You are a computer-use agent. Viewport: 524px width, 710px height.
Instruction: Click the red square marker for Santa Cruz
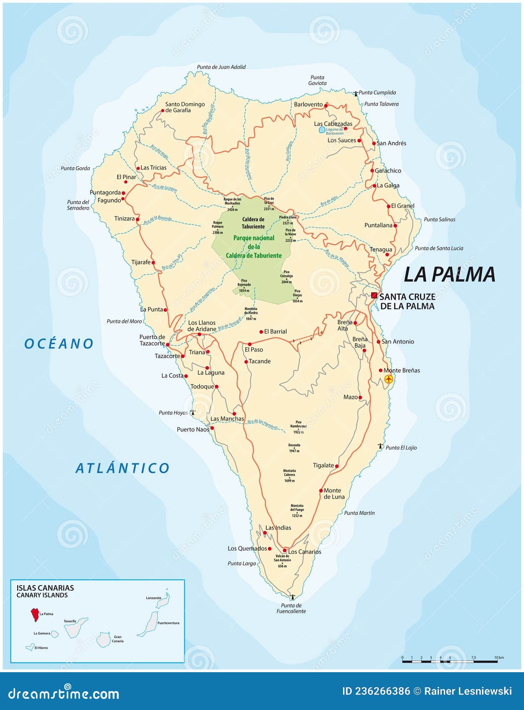[374, 295]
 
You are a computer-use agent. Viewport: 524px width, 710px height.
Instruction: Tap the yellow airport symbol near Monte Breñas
[388, 379]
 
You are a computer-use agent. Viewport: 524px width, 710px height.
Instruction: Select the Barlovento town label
[308, 105]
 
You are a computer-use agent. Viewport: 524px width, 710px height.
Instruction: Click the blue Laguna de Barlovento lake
[322, 130]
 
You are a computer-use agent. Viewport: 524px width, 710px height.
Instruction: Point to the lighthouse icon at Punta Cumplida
[356, 93]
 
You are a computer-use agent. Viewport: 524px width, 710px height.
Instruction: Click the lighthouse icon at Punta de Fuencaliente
[292, 597]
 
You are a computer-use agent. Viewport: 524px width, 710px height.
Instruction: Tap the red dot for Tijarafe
[153, 263]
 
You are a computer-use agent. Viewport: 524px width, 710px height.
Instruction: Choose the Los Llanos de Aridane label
[202, 326]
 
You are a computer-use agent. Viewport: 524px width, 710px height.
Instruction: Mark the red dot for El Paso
[249, 344]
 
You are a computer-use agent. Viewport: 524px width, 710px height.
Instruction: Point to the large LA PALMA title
[449, 274]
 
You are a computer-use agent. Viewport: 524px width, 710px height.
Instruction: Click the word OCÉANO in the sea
[59, 344]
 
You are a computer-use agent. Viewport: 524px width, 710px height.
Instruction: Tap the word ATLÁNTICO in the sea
[123, 468]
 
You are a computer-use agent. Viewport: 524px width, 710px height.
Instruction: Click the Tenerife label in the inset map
[70, 621]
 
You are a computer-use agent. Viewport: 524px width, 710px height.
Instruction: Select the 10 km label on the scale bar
[499, 657]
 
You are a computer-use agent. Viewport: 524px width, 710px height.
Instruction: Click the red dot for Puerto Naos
[212, 428]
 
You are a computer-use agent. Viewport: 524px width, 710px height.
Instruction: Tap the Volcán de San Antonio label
[282, 560]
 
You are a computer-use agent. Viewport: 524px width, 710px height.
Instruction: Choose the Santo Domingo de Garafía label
[185, 107]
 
